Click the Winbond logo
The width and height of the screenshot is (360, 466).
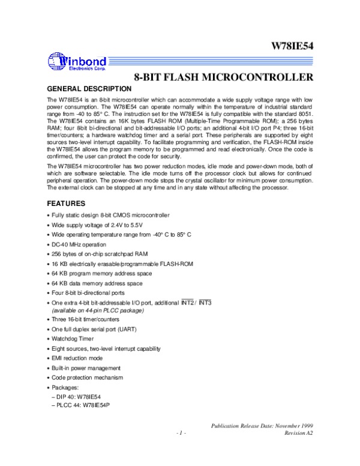[77, 61]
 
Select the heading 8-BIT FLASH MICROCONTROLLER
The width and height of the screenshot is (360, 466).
[223, 77]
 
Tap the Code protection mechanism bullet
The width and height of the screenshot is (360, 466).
[91, 377]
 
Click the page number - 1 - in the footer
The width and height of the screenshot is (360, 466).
[182, 432]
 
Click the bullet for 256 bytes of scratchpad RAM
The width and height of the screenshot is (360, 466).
[97, 254]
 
